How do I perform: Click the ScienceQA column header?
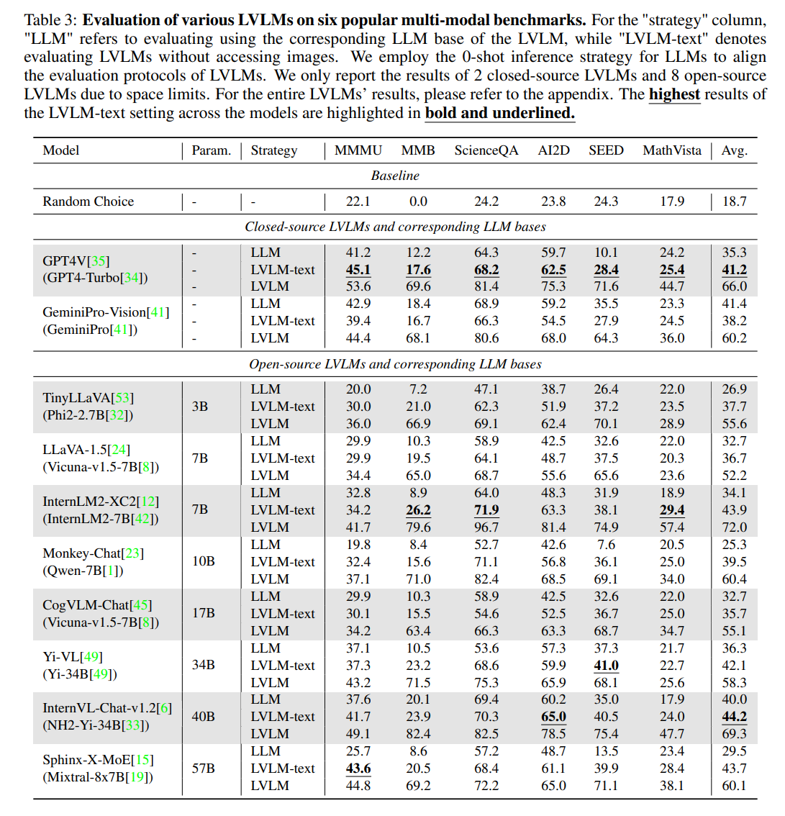[486, 150]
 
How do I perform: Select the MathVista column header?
[671, 150]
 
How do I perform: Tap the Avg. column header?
[734, 150]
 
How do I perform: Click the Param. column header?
[211, 150]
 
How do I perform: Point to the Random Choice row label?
[88, 201]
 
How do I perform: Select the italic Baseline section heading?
[395, 176]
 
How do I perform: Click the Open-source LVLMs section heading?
[395, 364]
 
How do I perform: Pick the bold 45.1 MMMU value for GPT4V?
[358, 270]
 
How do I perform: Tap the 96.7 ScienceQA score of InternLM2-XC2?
[486, 527]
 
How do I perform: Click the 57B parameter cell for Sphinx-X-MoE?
[203, 769]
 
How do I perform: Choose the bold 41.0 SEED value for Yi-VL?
[606, 666]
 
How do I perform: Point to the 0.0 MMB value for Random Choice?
[418, 201]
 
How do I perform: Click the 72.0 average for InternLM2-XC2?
[734, 527]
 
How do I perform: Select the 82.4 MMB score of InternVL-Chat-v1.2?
[418, 734]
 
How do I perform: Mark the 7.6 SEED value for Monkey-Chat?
[606, 545]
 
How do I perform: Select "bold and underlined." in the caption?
[500, 112]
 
